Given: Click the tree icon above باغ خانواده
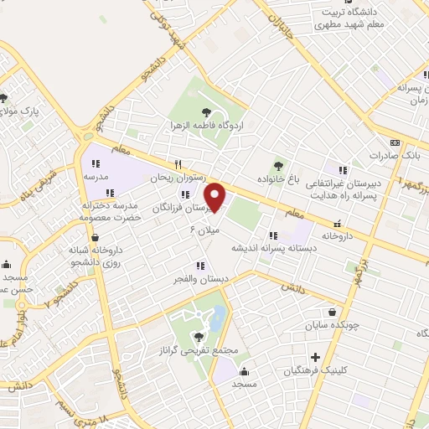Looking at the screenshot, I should pos(277,164).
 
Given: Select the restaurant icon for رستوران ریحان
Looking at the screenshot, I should pos(178,164).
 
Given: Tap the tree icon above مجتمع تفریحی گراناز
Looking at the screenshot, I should pos(198,337).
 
